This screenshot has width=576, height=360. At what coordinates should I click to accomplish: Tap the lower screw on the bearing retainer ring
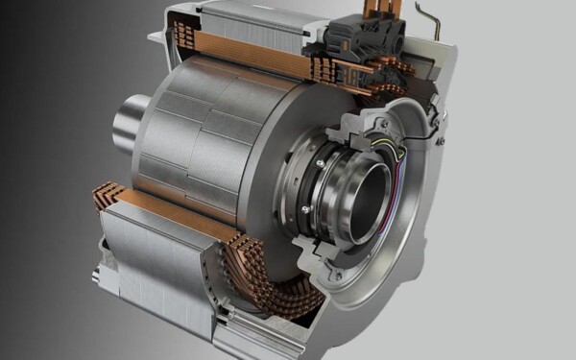(305, 208)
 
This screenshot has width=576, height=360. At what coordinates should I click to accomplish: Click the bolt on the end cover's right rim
(441, 139)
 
